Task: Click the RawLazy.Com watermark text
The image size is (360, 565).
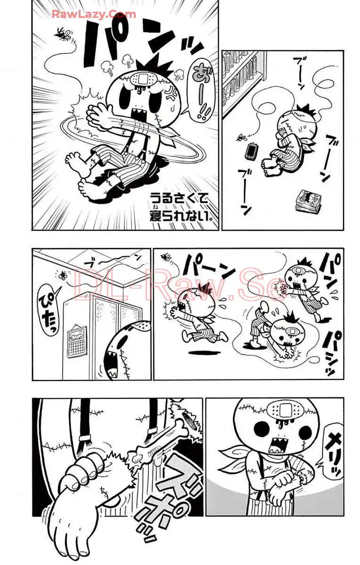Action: tap(94, 14)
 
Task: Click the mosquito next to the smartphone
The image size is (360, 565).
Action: tap(241, 137)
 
